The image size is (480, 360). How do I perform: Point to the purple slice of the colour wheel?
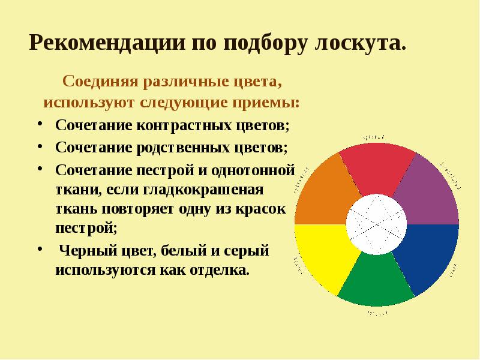coord(430,189)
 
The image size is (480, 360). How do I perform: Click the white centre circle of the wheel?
coord(377,223)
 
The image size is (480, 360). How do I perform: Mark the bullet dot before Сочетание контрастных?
coord(39,125)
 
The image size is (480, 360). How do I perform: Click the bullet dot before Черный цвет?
coord(39,248)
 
